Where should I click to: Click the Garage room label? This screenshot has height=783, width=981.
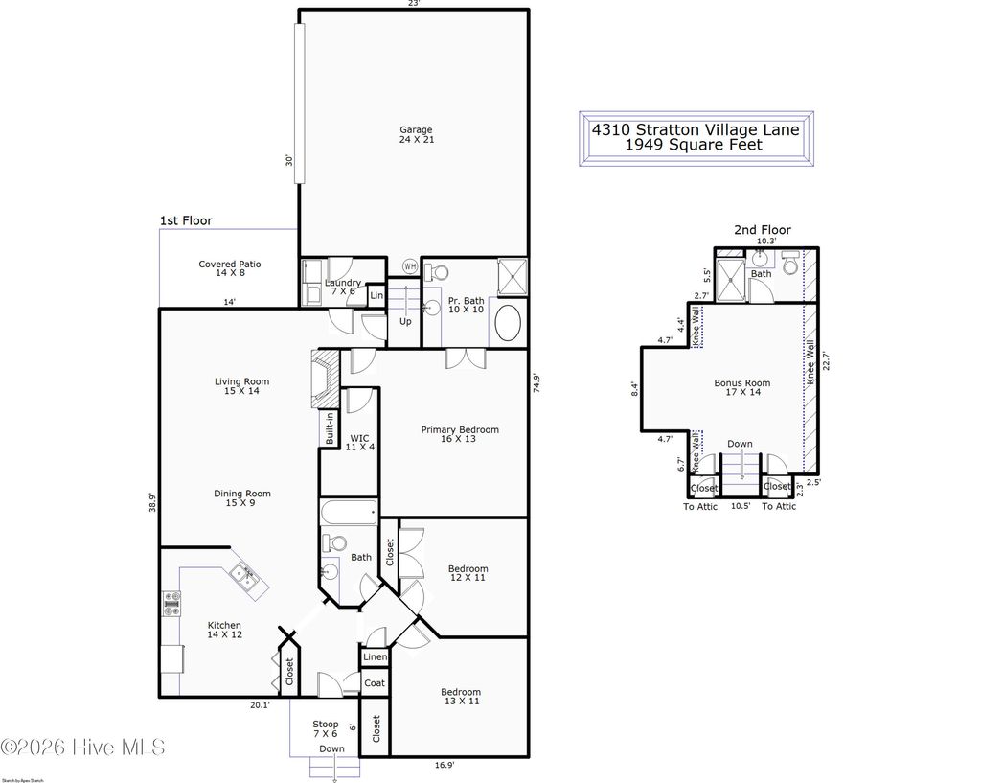click(416, 135)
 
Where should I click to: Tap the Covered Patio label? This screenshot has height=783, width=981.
click(230, 269)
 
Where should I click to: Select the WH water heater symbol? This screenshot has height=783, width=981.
click(410, 266)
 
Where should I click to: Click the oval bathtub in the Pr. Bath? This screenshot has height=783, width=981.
click(508, 324)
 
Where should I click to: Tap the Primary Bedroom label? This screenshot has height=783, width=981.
click(460, 435)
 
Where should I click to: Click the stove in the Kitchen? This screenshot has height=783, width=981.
click(173, 604)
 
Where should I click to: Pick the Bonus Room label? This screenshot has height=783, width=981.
click(741, 388)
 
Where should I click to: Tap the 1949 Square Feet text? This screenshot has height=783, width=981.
click(694, 145)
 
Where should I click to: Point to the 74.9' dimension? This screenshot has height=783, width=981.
click(538, 383)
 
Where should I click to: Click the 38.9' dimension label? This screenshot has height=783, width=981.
click(152, 502)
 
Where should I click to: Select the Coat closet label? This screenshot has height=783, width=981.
click(375, 683)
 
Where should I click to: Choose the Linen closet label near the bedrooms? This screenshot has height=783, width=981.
click(375, 657)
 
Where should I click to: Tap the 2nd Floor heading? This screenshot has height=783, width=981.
click(763, 230)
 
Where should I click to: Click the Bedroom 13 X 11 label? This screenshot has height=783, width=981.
click(460, 697)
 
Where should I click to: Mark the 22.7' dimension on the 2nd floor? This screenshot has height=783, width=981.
click(826, 361)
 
